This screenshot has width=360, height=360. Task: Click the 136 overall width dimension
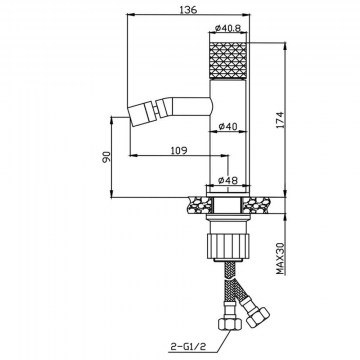(188, 9)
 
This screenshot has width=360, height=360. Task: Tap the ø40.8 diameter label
(228, 28)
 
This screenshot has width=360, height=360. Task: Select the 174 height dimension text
(279, 120)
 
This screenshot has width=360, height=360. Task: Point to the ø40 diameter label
(228, 127)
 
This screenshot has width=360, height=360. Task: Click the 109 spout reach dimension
(179, 151)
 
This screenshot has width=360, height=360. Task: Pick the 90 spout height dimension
(106, 157)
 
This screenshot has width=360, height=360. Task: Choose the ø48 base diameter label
(228, 180)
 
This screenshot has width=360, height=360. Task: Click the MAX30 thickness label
(281, 259)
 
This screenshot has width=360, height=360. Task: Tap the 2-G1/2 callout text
(187, 347)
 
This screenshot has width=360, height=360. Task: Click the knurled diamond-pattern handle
(228, 61)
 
